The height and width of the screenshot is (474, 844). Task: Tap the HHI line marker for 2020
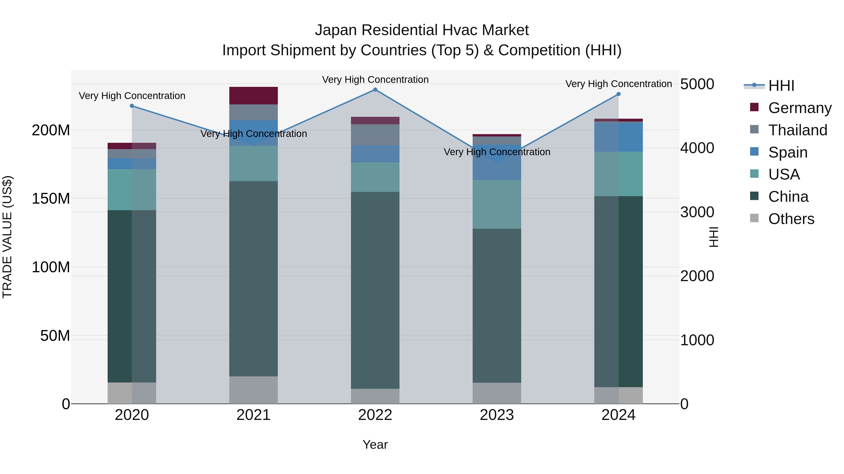click(x=132, y=106)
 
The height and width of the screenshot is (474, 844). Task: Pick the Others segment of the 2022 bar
click(x=375, y=396)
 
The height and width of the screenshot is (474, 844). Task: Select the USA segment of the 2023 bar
click(x=497, y=204)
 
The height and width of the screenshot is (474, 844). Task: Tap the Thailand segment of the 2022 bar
click(x=375, y=135)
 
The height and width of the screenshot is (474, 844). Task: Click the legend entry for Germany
click(x=799, y=108)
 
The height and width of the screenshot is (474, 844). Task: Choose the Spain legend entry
click(x=788, y=152)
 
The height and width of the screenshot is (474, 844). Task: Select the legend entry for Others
click(x=791, y=219)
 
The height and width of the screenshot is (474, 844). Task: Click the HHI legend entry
click(x=781, y=86)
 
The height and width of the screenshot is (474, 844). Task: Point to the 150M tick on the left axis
click(x=51, y=198)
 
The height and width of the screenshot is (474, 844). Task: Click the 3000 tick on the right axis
click(x=697, y=212)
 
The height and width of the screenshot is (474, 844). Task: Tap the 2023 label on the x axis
click(x=497, y=415)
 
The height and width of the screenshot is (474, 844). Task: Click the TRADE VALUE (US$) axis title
click(x=7, y=237)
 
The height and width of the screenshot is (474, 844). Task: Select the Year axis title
click(x=375, y=445)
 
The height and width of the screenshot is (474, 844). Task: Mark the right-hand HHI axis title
click(x=713, y=237)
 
